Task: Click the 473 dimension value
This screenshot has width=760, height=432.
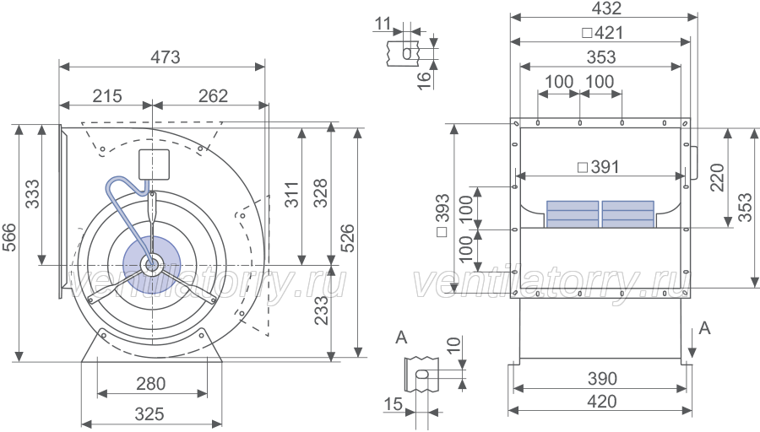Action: click(x=166, y=57)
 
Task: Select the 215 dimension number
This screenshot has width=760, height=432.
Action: click(x=107, y=96)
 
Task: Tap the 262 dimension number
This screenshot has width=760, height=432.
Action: click(x=213, y=96)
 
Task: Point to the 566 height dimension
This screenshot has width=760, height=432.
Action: click(x=9, y=237)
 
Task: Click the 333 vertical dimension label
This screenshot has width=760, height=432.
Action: click(x=32, y=194)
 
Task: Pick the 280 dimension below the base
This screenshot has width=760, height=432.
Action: click(x=151, y=384)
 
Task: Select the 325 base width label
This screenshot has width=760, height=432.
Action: click(x=149, y=414)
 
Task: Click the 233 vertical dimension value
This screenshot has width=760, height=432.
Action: click(x=321, y=310)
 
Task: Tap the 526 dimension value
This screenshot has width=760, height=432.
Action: click(x=348, y=238)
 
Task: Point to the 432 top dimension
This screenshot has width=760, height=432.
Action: click(x=606, y=8)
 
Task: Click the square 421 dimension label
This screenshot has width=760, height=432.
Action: click(x=602, y=33)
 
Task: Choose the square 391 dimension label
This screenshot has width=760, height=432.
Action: click(x=599, y=167)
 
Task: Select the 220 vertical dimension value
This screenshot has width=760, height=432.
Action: click(x=717, y=178)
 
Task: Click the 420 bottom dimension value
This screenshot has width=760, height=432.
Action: click(x=602, y=402)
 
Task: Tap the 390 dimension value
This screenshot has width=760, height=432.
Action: click(x=602, y=378)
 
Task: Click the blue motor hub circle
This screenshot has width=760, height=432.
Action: click(x=152, y=265)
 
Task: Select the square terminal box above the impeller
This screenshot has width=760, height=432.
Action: click(x=155, y=165)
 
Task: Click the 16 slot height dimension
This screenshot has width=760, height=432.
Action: click(x=424, y=80)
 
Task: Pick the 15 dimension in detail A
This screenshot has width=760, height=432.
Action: click(x=393, y=403)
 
